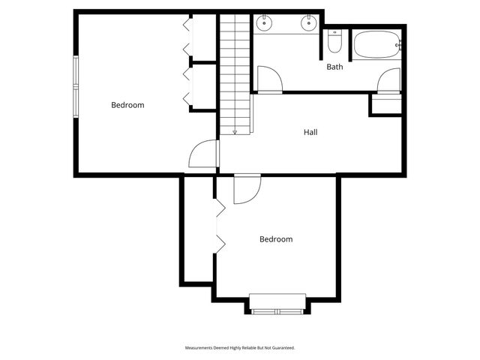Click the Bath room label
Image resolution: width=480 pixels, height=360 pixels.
334,67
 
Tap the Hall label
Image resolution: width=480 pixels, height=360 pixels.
310,132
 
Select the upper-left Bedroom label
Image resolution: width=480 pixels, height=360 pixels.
127,105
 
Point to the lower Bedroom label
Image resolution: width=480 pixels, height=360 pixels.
276,239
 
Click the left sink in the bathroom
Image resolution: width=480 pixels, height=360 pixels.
264,24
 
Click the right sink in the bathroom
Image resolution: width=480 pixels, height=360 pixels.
308,24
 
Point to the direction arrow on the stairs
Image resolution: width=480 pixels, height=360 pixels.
234,132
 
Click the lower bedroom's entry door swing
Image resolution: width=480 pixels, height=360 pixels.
246,189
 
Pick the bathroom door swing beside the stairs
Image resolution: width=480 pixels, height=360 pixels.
268,79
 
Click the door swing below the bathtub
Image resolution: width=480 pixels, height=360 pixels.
389,79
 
